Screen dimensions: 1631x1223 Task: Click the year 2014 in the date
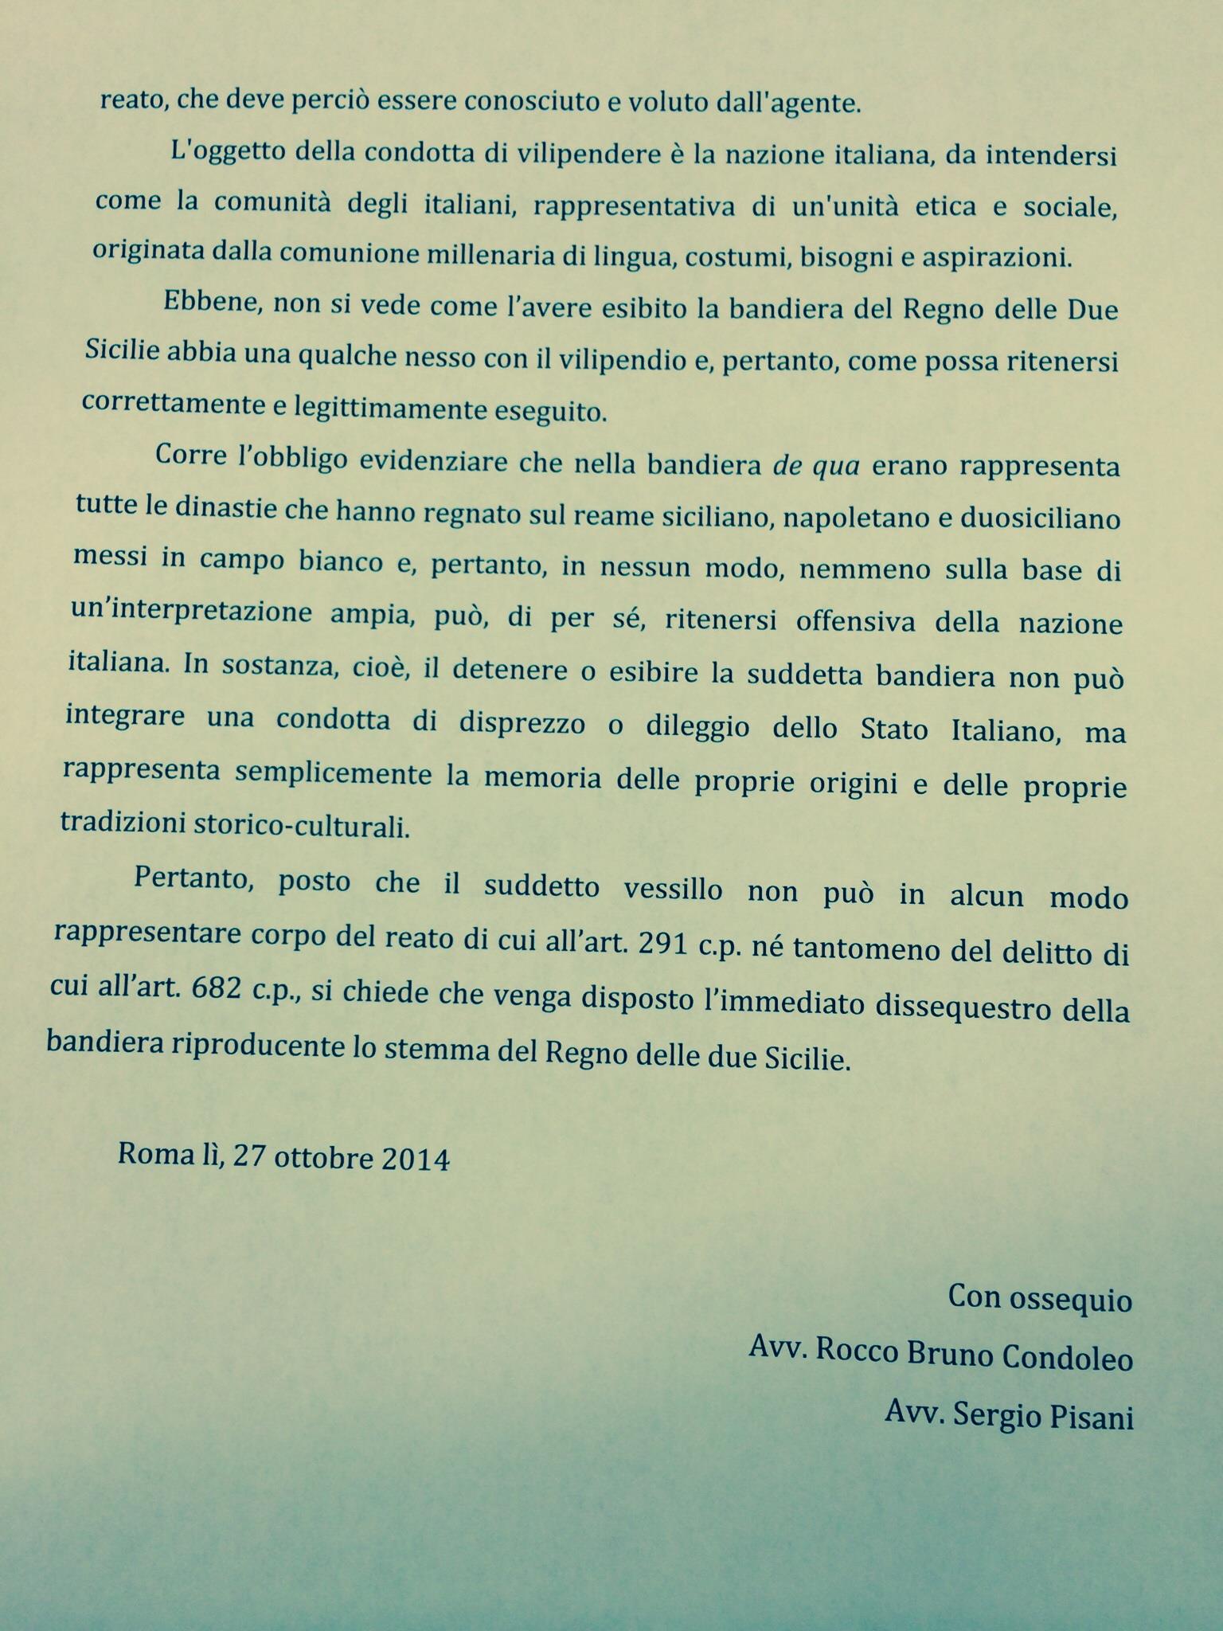[x=416, y=1159]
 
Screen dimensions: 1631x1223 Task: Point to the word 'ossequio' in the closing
[x=1072, y=1300]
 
